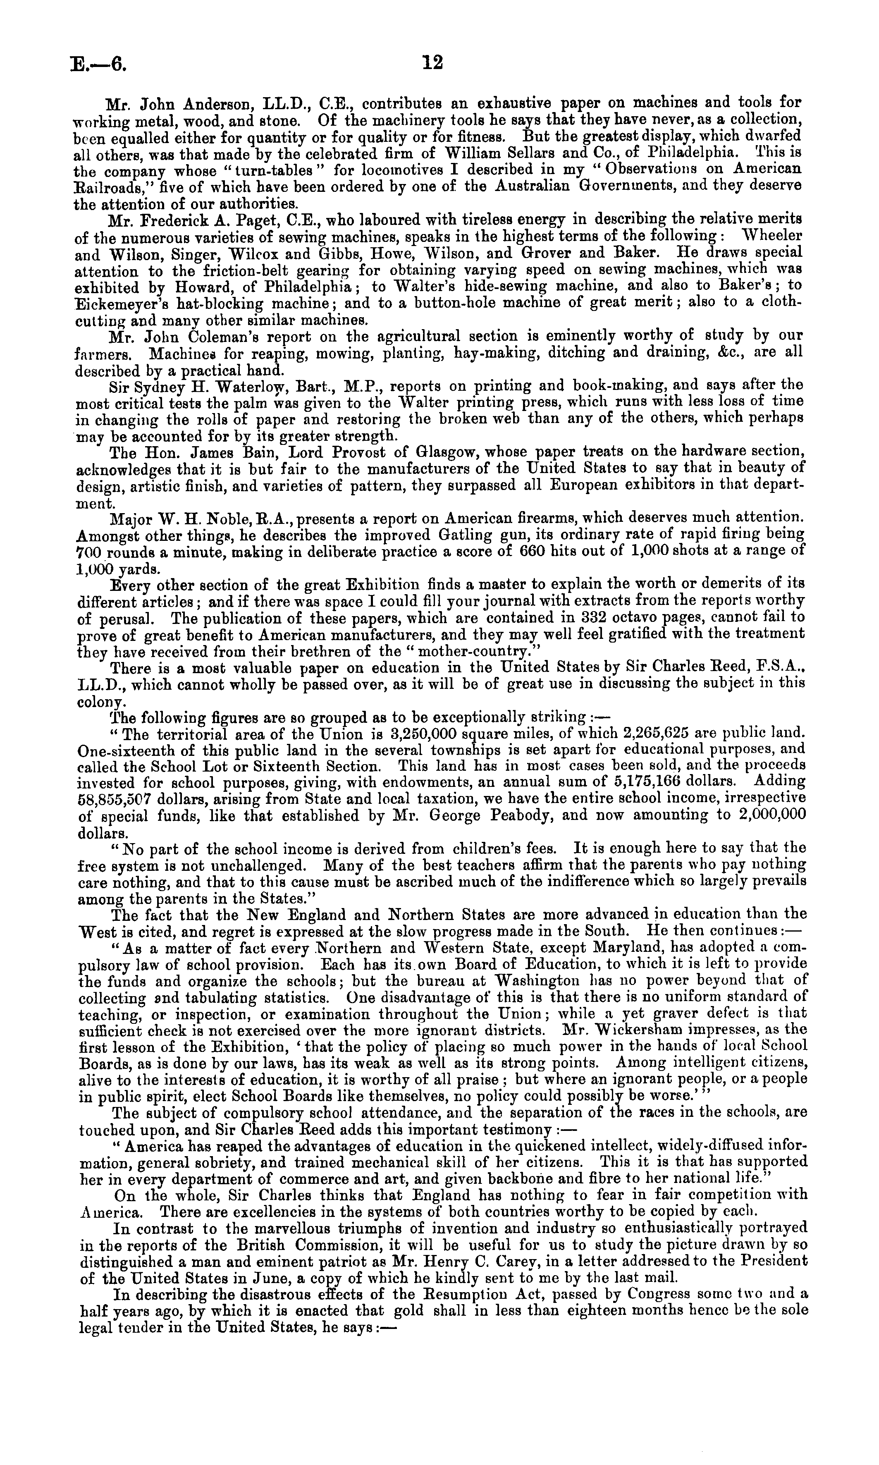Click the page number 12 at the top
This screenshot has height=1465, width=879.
click(432, 62)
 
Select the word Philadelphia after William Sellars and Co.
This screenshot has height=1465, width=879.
click(692, 154)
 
